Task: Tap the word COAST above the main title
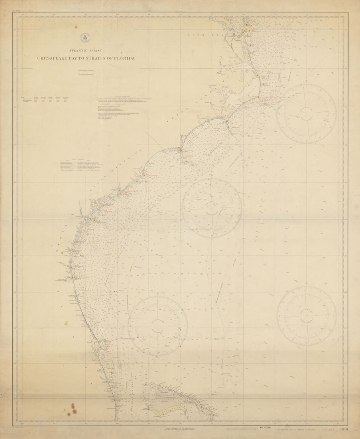click(96, 51)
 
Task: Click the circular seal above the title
click(84, 38)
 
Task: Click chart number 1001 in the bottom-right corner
click(344, 430)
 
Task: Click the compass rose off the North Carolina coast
click(306, 114)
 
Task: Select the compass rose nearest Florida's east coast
click(157, 326)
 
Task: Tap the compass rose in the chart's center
click(212, 208)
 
